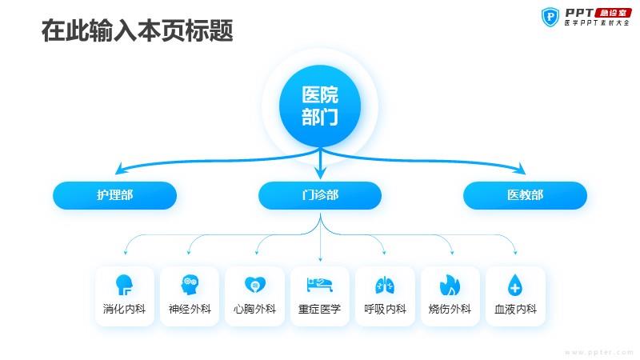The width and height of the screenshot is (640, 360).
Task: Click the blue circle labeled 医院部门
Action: point(320,106)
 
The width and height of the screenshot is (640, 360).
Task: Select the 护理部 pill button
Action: point(114,195)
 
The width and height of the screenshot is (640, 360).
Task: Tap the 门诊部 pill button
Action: point(320,195)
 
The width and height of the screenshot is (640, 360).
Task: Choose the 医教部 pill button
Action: point(525,195)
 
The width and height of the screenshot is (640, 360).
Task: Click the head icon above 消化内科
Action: point(124,285)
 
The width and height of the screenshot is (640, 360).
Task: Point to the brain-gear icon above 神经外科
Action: point(190,285)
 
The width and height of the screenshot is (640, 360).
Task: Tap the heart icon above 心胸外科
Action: point(254,285)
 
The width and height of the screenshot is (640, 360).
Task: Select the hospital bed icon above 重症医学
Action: point(319,285)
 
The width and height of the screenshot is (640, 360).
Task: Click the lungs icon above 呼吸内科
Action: point(385,285)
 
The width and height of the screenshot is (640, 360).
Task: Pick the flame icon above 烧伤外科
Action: point(450,285)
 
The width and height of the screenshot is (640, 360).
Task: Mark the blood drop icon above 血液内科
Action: point(515,285)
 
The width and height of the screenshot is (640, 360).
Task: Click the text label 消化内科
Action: point(124,309)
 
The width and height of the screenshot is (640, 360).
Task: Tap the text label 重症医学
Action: point(319,309)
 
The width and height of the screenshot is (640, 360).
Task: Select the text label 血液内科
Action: point(515,309)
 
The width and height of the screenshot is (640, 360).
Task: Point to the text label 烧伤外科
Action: point(450,309)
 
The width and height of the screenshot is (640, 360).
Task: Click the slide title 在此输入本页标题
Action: point(137,30)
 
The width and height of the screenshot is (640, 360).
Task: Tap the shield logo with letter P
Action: point(550,17)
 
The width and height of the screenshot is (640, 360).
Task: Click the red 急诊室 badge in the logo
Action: point(614,13)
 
